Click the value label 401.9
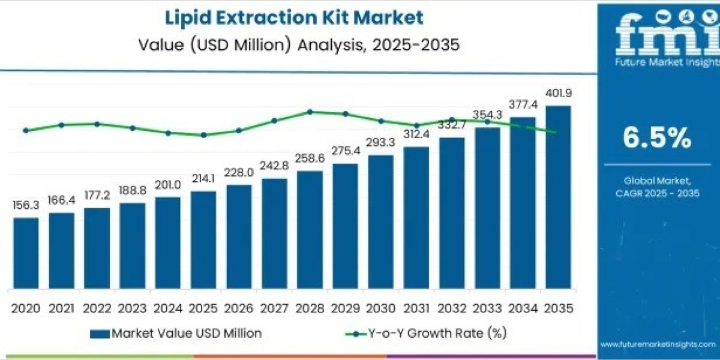pos(558,94)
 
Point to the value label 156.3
pos(26,205)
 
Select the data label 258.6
pos(310,159)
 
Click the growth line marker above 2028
pos(310,112)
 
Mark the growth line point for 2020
pos(26,130)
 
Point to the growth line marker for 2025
pos(203,135)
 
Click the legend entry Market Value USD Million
pos(176,333)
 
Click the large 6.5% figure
pos(656,139)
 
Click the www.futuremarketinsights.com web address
pos(658,344)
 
